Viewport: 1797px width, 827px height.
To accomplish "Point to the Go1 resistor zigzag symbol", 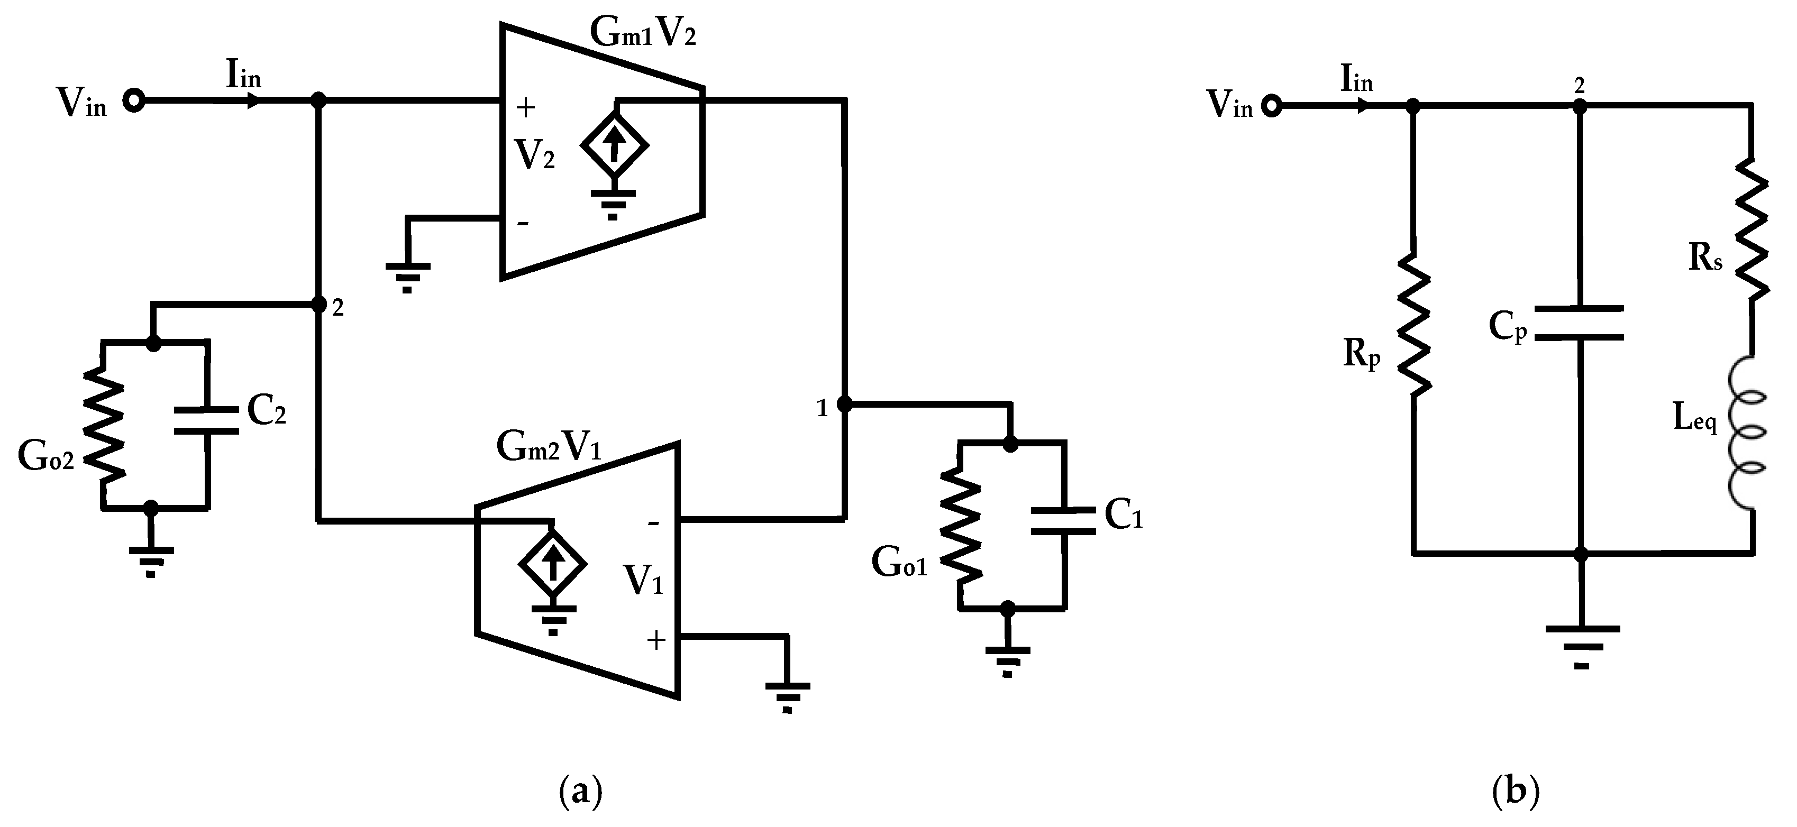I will click(x=961, y=527).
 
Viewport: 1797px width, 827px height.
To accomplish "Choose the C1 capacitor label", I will click(x=1123, y=516).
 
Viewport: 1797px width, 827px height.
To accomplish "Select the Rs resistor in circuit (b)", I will click(x=1751, y=230).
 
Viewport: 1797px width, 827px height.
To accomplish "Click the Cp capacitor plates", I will click(x=1580, y=322).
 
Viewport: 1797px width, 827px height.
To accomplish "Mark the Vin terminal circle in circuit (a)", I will click(x=133, y=101).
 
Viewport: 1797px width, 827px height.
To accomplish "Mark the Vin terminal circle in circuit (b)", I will click(x=1272, y=107).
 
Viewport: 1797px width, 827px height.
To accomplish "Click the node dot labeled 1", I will click(x=844, y=404).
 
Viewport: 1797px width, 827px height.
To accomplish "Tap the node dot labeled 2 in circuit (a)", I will click(x=318, y=305).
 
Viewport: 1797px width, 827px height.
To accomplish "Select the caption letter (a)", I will click(x=580, y=793).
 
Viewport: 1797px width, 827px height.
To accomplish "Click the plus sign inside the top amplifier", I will click(x=525, y=107).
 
